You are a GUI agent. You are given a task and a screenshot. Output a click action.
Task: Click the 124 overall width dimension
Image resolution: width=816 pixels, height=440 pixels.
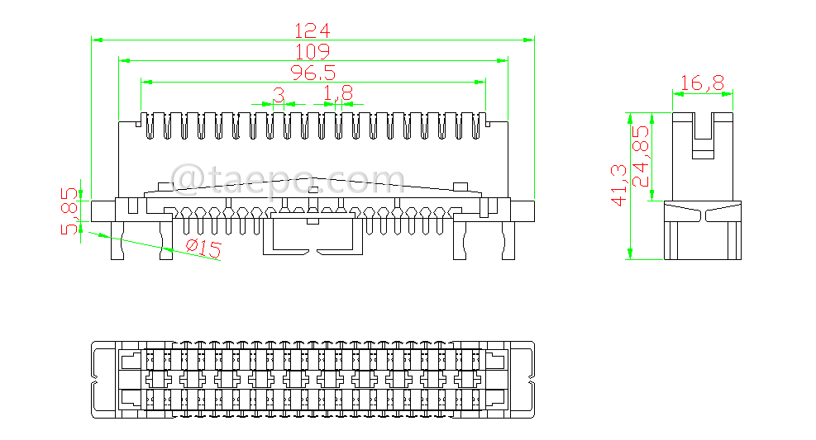pos(313,31)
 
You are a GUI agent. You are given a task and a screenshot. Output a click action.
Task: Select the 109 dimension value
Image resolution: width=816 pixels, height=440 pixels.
pos(313,52)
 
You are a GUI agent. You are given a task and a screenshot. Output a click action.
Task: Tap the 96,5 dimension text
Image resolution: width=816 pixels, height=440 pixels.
pos(313,73)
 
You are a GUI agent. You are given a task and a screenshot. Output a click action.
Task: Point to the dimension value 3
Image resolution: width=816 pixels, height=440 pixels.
pos(279,97)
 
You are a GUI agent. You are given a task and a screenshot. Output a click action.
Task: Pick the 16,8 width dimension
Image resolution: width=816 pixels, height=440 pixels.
pos(702,83)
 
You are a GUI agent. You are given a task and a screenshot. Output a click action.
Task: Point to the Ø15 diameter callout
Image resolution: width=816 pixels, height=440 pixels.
pos(203,248)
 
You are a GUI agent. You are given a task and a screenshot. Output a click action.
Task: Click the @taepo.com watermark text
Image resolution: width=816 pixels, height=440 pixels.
pos(287,179)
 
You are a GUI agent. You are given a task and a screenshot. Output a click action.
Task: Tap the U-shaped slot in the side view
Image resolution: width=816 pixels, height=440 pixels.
pos(703,137)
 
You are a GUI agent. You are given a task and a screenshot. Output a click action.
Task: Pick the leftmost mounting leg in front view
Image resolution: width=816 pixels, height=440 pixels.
pos(118,240)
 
